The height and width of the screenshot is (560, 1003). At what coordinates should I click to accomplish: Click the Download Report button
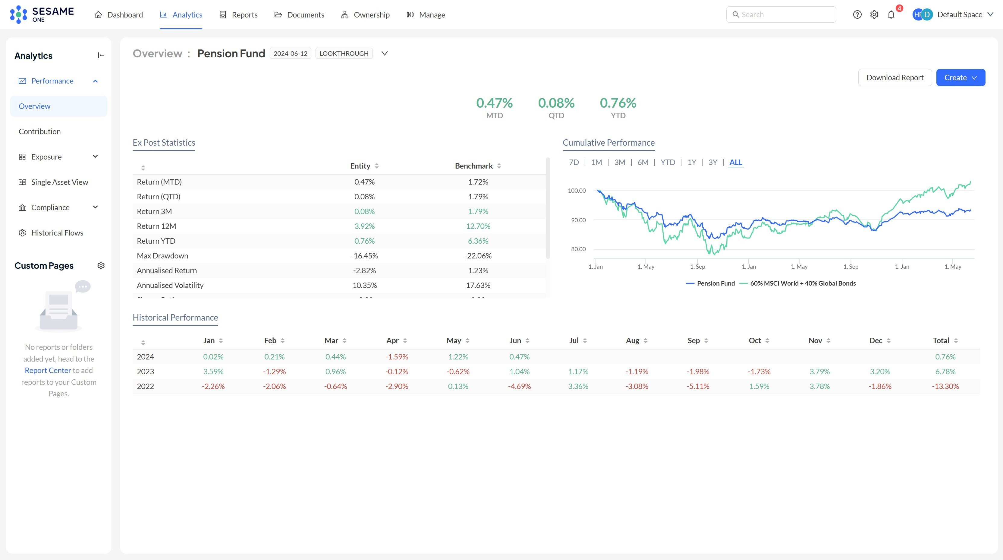[895, 78]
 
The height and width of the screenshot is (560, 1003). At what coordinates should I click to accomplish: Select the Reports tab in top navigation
[239, 15]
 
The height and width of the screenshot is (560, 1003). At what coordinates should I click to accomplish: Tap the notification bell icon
[891, 15]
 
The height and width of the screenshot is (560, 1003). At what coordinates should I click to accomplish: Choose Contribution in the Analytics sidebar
[40, 131]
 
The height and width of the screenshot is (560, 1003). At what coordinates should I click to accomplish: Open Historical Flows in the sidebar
[57, 233]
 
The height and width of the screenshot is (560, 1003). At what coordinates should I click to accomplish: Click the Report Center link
[48, 370]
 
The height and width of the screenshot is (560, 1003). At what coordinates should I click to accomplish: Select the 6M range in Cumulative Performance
[643, 162]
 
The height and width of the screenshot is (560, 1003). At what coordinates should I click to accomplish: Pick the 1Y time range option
[691, 162]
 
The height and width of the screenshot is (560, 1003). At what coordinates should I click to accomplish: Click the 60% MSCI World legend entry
[802, 283]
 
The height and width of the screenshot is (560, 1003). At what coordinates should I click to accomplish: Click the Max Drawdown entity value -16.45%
[364, 256]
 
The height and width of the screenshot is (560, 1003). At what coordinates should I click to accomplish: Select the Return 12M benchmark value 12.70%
[478, 226]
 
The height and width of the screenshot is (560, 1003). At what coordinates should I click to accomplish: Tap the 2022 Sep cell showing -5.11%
[697, 386]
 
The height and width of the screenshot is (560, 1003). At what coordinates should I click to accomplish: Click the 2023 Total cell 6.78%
[945, 372]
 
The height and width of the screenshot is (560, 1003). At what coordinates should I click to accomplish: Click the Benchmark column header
[473, 166]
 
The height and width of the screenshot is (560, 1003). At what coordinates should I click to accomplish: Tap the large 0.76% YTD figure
[618, 103]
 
